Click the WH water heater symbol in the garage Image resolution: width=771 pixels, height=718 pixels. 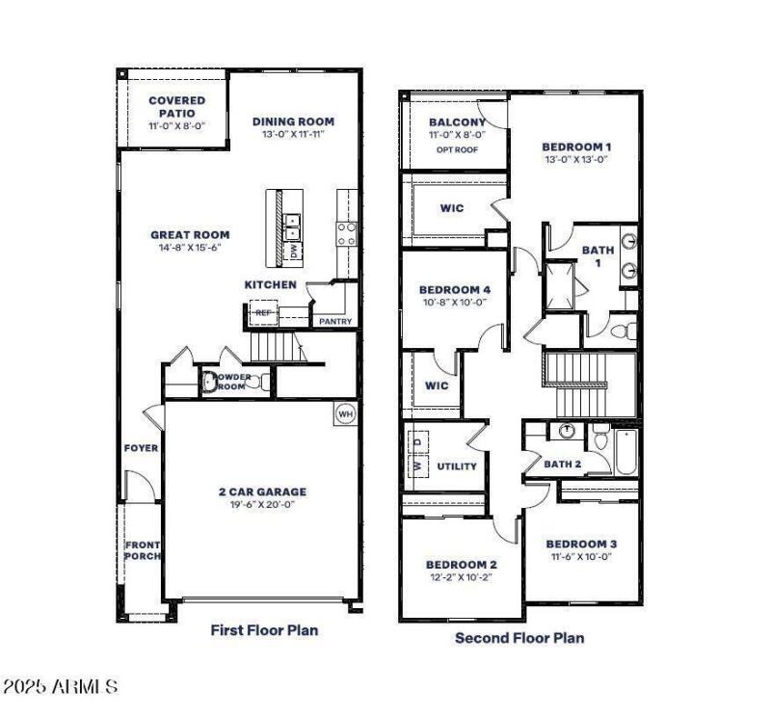(345, 414)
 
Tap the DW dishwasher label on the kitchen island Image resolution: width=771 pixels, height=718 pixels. (294, 251)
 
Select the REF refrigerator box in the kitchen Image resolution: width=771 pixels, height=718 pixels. (262, 313)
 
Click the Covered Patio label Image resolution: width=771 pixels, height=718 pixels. (176, 107)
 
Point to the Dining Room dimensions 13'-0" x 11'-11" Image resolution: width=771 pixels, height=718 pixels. (293, 135)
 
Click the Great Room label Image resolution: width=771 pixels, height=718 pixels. (190, 234)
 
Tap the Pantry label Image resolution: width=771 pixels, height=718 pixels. (335, 322)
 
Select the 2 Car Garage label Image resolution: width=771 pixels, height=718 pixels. (261, 492)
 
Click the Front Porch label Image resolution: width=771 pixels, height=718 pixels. (143, 550)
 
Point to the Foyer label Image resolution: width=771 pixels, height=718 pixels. (141, 448)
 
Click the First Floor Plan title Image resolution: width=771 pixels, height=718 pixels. (264, 630)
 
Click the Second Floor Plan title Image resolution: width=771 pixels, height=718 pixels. (519, 637)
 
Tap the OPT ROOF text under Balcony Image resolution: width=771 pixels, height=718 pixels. (457, 149)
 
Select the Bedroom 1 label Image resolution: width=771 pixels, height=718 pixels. (576, 146)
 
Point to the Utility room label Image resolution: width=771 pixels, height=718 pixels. (457, 466)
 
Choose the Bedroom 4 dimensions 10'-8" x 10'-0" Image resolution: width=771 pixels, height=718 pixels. (455, 303)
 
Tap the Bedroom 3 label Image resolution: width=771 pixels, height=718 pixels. (581, 544)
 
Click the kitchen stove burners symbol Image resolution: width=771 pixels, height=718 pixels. (345, 232)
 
